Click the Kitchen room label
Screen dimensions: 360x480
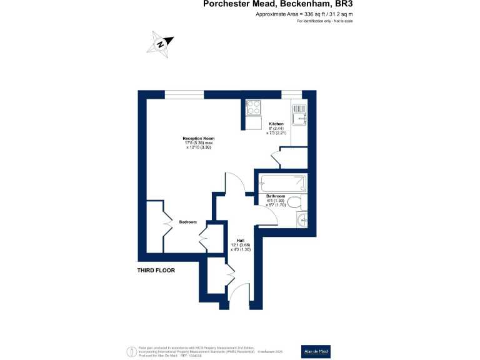click(x=276, y=124)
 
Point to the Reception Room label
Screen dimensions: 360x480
click(x=199, y=138)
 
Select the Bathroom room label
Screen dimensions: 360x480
click(x=276, y=196)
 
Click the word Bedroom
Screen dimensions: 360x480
click(x=188, y=222)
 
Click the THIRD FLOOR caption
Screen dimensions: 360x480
click(x=156, y=271)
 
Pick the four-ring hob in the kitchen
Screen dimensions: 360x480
click(x=254, y=107)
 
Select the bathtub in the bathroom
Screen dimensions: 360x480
click(x=283, y=183)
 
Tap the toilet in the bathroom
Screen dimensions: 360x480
click(x=301, y=202)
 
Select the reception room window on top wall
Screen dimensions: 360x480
click(x=184, y=94)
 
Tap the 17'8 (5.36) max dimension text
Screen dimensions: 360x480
click(x=199, y=143)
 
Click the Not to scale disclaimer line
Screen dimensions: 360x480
click(x=326, y=21)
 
